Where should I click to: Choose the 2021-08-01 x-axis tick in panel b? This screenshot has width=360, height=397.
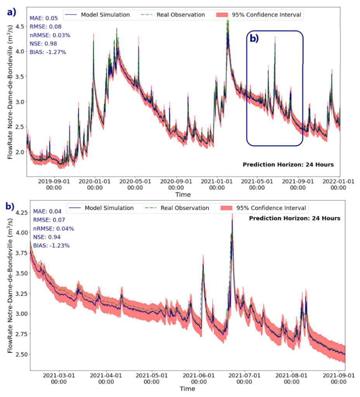pos(290,378)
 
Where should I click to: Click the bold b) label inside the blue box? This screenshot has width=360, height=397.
pos(254,38)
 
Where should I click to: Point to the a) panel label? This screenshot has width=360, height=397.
pos(11,12)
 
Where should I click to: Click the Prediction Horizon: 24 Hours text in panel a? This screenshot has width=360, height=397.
pos(288,164)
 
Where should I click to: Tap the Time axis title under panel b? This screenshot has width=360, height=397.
pos(187,388)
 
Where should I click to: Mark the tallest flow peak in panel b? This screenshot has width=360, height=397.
pos(232,219)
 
